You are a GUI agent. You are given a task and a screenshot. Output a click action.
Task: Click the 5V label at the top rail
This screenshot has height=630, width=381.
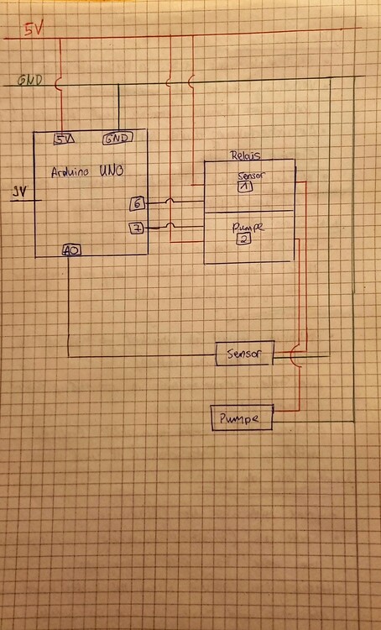(31, 30)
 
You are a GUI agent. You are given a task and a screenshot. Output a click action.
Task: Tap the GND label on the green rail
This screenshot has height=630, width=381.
(31, 81)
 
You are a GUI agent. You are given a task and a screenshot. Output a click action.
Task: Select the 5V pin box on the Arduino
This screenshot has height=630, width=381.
(63, 139)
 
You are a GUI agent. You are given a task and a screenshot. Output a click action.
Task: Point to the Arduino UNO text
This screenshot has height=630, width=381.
(88, 171)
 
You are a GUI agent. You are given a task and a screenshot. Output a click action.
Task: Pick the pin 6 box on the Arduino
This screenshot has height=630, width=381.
(137, 203)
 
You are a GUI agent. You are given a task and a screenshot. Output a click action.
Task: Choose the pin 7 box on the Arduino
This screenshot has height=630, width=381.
(136, 228)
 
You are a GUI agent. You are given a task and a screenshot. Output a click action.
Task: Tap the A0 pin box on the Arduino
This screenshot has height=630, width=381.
(71, 249)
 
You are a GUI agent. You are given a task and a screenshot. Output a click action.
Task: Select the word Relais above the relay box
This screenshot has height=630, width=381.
(245, 155)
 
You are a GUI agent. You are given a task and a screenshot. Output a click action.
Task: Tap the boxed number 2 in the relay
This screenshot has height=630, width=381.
(244, 239)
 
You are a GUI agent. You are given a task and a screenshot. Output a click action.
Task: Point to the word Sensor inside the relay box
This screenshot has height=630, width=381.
(250, 176)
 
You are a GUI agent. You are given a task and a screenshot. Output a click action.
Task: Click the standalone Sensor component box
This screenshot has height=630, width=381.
(243, 355)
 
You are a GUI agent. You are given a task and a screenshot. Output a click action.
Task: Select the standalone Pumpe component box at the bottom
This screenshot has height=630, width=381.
(241, 417)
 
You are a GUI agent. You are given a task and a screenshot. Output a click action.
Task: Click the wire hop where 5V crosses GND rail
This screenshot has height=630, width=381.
(59, 82)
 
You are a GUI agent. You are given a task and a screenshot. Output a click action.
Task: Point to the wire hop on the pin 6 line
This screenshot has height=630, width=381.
(171, 202)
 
